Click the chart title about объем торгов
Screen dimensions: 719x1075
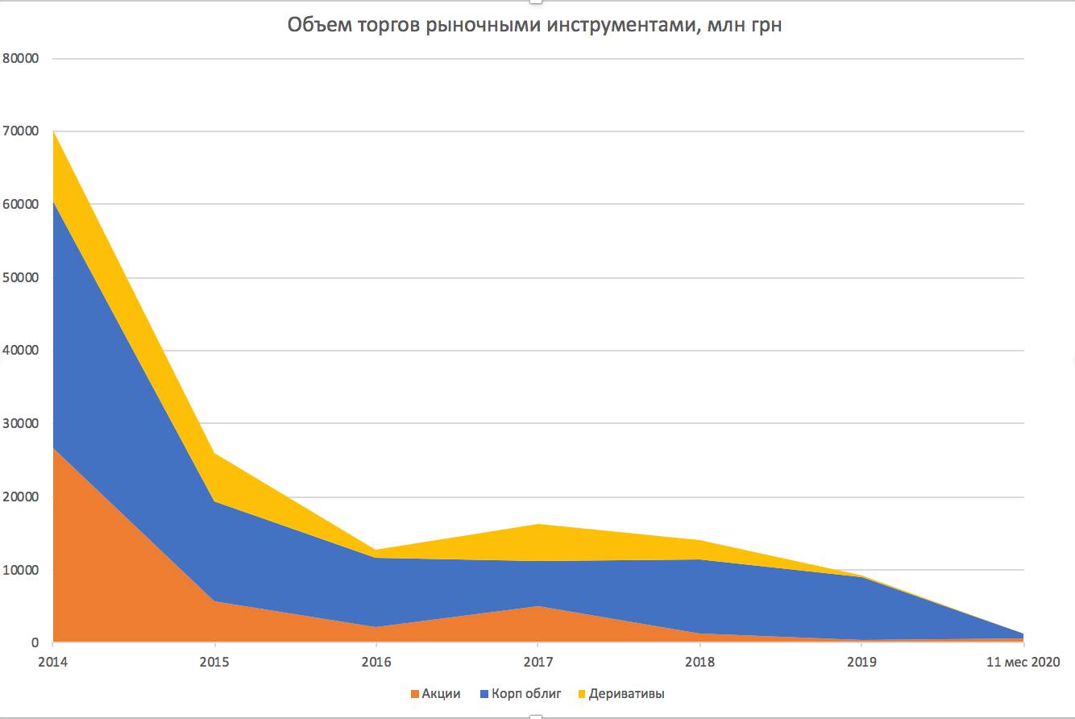(x=535, y=27)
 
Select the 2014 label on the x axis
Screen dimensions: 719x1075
(x=52, y=663)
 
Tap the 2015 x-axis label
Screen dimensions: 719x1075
(x=214, y=663)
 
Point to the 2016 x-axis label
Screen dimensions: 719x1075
(x=376, y=663)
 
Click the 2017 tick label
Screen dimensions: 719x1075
(x=537, y=663)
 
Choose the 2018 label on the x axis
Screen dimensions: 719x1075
(x=699, y=663)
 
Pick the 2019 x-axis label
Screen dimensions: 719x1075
(x=861, y=663)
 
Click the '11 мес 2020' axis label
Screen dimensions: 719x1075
(x=1023, y=663)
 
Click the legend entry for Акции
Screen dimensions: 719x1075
(x=441, y=694)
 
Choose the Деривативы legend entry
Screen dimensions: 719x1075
(x=626, y=694)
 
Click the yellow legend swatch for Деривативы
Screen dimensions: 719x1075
(x=583, y=694)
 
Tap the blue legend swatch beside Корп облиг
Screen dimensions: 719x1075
(x=484, y=694)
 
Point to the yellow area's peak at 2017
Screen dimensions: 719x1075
(x=537, y=526)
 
